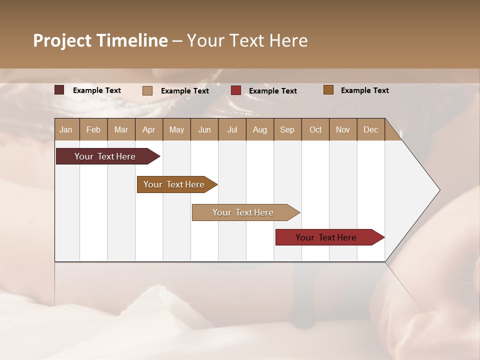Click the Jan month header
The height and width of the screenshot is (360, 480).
click(66, 130)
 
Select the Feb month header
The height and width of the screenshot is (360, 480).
click(93, 130)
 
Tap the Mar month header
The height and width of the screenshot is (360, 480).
click(121, 130)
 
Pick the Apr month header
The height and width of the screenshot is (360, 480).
click(149, 130)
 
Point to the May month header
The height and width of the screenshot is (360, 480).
click(176, 130)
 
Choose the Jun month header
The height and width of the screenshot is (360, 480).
click(204, 130)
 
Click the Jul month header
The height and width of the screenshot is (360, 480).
click(232, 130)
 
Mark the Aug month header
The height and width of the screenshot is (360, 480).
click(260, 130)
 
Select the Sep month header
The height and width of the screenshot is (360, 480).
click(287, 130)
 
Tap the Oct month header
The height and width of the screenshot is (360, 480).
click(315, 130)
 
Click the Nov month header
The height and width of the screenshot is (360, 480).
click(343, 130)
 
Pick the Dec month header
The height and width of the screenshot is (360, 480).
click(371, 130)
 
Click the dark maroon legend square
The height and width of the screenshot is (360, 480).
click(59, 90)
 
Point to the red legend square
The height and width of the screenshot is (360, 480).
click(236, 90)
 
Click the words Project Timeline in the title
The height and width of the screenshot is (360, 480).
click(100, 40)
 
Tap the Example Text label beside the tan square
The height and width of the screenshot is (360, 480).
click(184, 91)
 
